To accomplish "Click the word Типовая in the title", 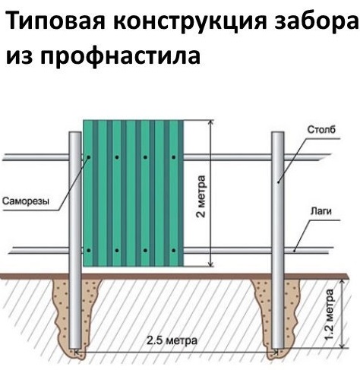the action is coord(55,21).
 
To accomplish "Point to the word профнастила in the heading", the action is coord(121,57).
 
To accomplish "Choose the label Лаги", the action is coord(321,210).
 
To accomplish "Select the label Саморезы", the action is coord(26,201).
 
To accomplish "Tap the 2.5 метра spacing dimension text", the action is coord(172,340).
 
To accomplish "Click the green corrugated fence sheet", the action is coord(134,193).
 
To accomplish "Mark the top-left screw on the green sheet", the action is coord(89,157).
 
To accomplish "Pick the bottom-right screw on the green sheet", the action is coord(174,251).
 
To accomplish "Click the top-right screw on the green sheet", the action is coord(174,157).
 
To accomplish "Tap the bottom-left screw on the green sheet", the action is coord(89,251).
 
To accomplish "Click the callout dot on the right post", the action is coord(278,182).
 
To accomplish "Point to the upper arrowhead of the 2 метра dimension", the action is coord(210,122).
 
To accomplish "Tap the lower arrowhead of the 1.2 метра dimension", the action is coord(343,346).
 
